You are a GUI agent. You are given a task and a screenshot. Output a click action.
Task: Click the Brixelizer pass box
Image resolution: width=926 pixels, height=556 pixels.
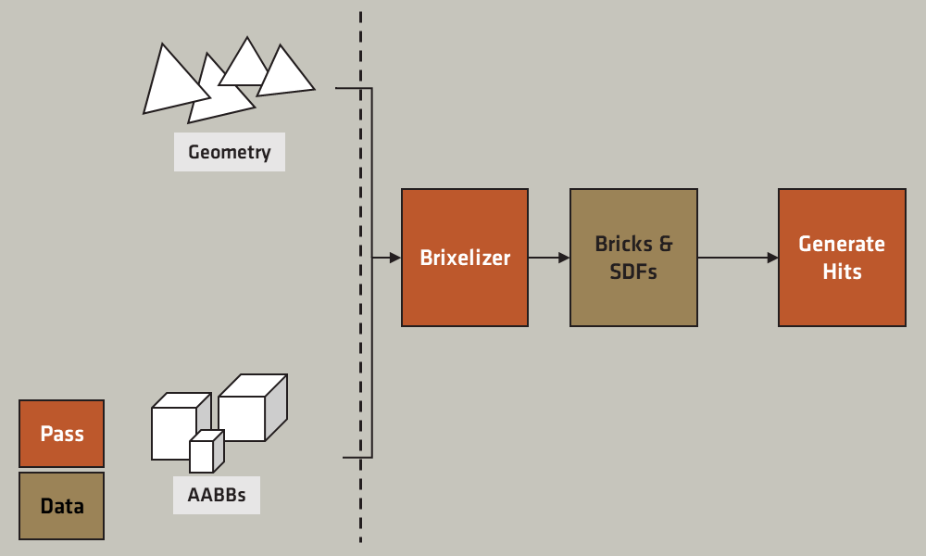pyautogui.click(x=465, y=258)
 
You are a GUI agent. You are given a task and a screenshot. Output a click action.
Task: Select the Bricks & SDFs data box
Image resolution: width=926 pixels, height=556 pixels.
pyautogui.click(x=633, y=258)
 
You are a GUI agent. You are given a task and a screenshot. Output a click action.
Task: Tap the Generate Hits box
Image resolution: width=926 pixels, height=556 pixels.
pyautogui.click(x=842, y=258)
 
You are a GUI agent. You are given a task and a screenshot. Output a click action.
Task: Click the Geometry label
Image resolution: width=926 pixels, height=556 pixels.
pyautogui.click(x=229, y=152)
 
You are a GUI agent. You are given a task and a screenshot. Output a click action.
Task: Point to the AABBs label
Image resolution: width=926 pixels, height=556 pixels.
pyautogui.click(x=217, y=495)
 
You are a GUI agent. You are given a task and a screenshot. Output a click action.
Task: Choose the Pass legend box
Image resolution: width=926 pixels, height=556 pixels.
pyautogui.click(x=62, y=434)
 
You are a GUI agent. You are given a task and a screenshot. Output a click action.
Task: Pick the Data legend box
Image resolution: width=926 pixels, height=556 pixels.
pyautogui.click(x=62, y=506)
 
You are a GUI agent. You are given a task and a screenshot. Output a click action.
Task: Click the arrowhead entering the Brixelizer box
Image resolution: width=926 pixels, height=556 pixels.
pyautogui.click(x=395, y=258)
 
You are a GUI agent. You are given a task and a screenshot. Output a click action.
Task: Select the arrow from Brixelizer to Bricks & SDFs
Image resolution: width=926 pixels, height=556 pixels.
pyautogui.click(x=548, y=258)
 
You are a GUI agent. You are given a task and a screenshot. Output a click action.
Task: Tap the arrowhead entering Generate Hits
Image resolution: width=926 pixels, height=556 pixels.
pyautogui.click(x=772, y=258)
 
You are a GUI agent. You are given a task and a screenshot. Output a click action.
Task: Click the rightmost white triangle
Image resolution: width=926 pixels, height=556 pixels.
pyautogui.click(x=284, y=74)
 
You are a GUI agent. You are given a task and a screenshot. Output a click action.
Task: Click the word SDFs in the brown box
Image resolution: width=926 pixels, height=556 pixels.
pyautogui.click(x=633, y=272)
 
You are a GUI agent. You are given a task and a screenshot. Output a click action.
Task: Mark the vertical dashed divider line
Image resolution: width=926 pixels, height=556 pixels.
pyautogui.click(x=360, y=278)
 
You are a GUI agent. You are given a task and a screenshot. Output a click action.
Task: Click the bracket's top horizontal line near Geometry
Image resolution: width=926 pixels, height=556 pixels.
pyautogui.click(x=352, y=89)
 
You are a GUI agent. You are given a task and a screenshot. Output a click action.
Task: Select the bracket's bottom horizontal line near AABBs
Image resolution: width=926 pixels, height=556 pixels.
pyautogui.click(x=357, y=457)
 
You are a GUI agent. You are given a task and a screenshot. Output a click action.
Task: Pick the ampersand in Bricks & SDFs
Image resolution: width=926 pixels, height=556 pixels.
pyautogui.click(x=665, y=245)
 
